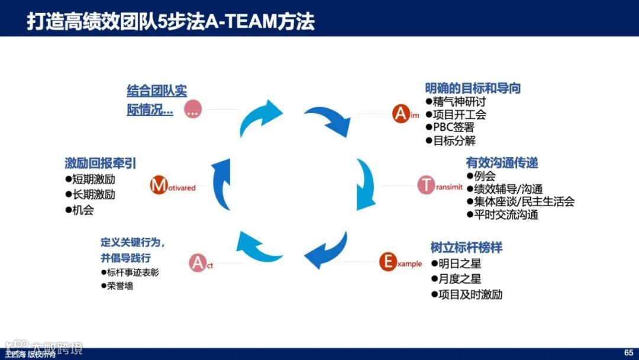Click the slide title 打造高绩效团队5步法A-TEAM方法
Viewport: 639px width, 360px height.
170,21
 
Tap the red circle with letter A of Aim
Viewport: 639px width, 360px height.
401,114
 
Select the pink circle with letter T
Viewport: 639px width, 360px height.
426,185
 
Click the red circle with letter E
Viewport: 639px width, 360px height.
388,262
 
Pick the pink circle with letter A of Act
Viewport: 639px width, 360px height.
197,262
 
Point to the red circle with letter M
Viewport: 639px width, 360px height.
159,185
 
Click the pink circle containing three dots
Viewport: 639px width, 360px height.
193,109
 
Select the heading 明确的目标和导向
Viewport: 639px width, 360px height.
473,88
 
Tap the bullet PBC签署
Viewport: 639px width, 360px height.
453,127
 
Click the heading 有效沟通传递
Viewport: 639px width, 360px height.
502,163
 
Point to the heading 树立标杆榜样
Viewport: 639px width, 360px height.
466,247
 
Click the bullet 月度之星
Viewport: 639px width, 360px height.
459,279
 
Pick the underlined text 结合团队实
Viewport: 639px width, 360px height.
157,91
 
